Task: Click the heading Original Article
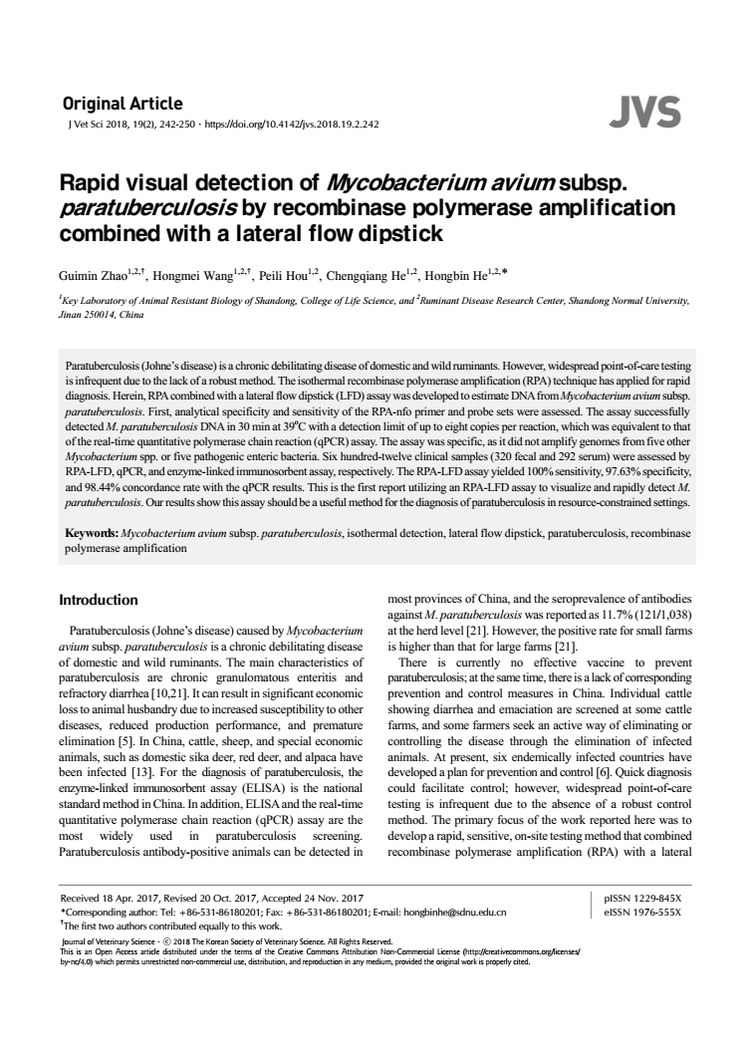123,104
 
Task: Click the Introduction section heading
99,601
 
